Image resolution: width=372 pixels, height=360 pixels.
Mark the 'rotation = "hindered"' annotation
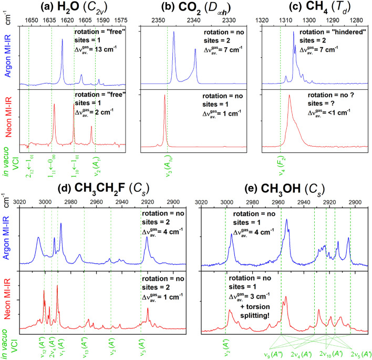[329, 32]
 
